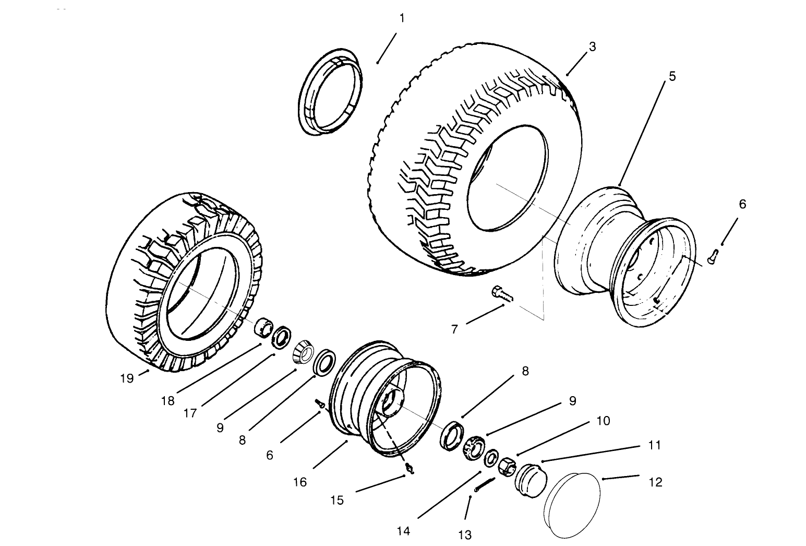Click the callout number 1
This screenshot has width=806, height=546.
pos(402,18)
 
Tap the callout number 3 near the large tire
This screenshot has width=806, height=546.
pos(592,46)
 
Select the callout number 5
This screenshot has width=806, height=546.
pos(672,76)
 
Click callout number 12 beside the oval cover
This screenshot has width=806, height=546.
pos(656,482)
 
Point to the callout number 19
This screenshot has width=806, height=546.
pos(127,378)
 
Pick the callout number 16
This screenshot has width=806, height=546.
pos(300,482)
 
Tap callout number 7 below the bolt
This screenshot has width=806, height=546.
pos(454,330)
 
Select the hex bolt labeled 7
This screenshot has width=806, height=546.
pos(502,293)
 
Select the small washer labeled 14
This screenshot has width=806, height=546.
pos(491,459)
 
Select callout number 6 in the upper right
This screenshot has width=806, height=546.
pos(742,204)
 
